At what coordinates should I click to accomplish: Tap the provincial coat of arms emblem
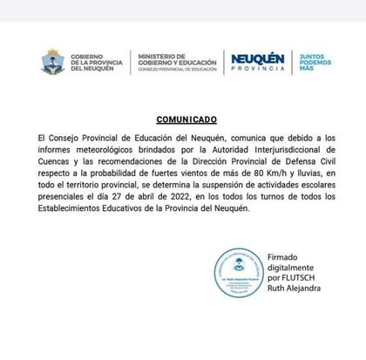click(53, 62)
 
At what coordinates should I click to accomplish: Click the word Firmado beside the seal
click(286, 259)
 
